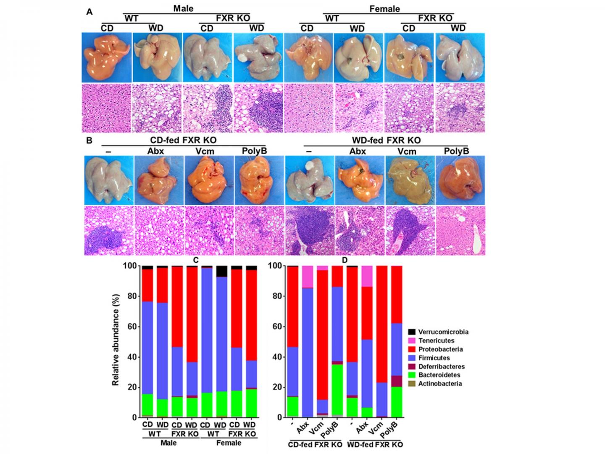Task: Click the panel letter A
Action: tap(89, 12)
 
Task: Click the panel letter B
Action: tap(89, 140)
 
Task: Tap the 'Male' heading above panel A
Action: tap(183, 8)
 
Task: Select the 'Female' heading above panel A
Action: tap(384, 8)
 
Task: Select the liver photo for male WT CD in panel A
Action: tap(107, 58)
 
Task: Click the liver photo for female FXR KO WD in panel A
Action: tap(460, 58)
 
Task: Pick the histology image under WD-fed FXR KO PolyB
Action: tap(460, 230)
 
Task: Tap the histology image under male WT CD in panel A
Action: tap(107, 108)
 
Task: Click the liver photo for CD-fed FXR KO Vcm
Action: tap(209, 180)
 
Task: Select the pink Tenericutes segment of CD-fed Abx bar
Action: tap(308, 277)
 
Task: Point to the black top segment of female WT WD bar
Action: tap(221, 271)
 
